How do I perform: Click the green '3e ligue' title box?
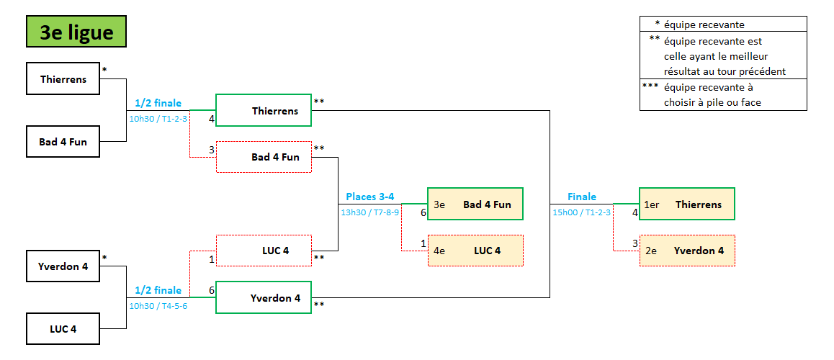click(76, 32)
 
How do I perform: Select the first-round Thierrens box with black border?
click(63, 79)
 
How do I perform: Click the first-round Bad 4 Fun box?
click(63, 142)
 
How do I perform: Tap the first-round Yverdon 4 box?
click(63, 266)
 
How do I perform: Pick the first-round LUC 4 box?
click(63, 329)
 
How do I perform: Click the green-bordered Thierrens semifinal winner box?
click(264, 111)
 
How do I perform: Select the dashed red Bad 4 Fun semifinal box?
click(264, 157)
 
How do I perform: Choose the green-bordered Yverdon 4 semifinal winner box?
click(264, 297)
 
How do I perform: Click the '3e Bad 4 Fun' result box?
click(475, 204)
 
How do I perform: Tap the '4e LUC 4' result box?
click(475, 251)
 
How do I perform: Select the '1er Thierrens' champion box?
click(687, 204)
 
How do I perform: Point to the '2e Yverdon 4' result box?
click(687, 251)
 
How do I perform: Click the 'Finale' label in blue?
click(582, 197)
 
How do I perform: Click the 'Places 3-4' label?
click(369, 197)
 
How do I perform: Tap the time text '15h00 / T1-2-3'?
click(582, 212)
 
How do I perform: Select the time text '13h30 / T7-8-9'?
click(369, 212)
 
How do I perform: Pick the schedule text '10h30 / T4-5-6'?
click(158, 306)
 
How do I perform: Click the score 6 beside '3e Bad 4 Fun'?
click(423, 212)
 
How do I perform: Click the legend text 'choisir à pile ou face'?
click(712, 102)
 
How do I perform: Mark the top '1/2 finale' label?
click(158, 103)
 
